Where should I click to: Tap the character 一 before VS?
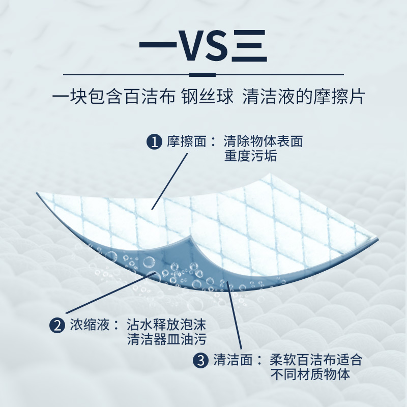(159, 47)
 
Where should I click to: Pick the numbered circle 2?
(56, 325)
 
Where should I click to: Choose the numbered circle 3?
(201, 361)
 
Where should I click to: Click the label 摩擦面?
(187, 141)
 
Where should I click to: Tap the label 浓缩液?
(90, 325)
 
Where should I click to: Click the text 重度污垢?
(250, 156)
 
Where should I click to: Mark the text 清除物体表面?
(263, 141)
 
